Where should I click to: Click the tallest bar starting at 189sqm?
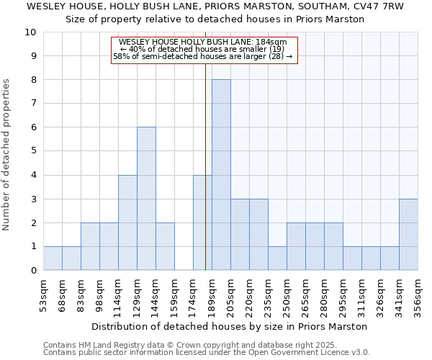click(221, 175)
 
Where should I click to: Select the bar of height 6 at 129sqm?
click(146, 199)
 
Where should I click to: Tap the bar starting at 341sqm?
click(408, 235)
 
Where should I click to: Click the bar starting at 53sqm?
click(53, 258)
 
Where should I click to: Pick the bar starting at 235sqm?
click(277, 258)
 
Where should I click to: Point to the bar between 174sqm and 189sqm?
click(202, 222)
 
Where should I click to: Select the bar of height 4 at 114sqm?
click(127, 222)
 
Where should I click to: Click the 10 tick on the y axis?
click(31, 32)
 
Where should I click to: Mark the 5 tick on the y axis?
click(33, 151)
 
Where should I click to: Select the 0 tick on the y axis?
click(33, 271)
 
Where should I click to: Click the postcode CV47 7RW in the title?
click(379, 6)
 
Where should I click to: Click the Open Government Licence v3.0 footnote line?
click(207, 353)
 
